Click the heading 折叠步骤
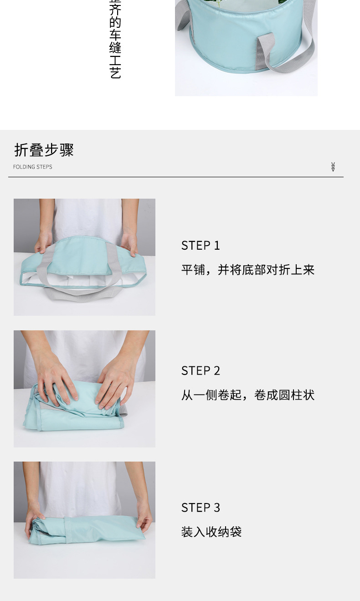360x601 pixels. pos(44,150)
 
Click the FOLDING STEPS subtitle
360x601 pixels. pos(32,167)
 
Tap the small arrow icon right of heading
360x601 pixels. pos(333,167)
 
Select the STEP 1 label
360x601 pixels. pos(201,246)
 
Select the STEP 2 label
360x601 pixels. pos(201,371)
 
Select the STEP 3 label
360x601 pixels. pos(201,508)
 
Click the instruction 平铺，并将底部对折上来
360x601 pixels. pos(248,270)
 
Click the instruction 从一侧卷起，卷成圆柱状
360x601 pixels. pos(248,395)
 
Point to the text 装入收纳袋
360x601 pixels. pos(211,532)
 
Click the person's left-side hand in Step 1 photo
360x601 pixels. pos(44,242)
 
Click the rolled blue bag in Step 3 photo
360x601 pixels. pos(87,529)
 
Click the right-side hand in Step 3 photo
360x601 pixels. pos(144,519)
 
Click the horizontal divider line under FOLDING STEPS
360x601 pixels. pos(175,177)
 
